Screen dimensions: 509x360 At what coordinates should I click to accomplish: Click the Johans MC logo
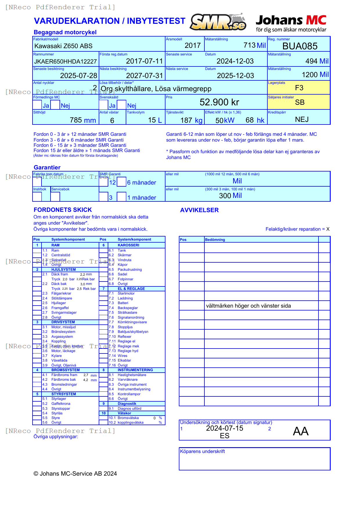[x=291, y=23]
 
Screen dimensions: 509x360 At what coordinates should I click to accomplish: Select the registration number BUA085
[x=300, y=46]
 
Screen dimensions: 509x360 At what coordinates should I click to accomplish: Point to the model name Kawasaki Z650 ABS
[x=63, y=46]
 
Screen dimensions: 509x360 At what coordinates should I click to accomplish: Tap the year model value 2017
[x=192, y=46]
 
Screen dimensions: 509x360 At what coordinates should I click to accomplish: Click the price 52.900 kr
[x=219, y=102]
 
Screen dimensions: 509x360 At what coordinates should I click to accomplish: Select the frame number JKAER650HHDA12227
[x=65, y=62]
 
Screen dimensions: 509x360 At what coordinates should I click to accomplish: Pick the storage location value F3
[x=299, y=88]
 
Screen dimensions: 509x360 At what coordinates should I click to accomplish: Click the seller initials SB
[x=300, y=102]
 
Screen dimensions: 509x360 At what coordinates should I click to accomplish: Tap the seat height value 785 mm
[x=83, y=120]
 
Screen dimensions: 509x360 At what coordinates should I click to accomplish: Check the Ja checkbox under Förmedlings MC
[x=37, y=104]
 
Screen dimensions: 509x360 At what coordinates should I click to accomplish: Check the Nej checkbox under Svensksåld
[x=122, y=104]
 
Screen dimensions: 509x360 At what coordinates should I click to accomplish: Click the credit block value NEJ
[x=302, y=120]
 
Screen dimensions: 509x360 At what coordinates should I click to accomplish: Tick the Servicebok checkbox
[x=55, y=196]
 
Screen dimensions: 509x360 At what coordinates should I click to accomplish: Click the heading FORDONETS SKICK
[x=63, y=210]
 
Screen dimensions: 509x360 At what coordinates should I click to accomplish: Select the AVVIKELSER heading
[x=199, y=210]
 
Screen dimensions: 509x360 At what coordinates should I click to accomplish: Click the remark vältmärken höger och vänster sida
[x=248, y=306]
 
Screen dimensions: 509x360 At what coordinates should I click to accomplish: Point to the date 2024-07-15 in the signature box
[x=224, y=428]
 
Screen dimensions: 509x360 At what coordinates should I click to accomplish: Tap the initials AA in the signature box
[x=300, y=432]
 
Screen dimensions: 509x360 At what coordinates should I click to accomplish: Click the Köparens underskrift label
[x=202, y=452]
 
